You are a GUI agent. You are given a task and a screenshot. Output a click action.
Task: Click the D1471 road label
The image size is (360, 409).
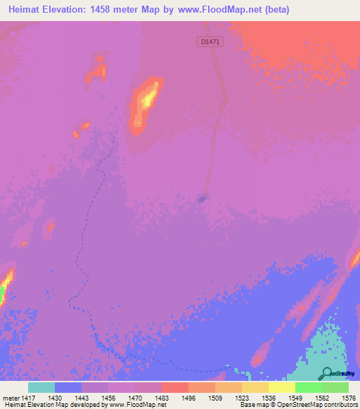[209, 42]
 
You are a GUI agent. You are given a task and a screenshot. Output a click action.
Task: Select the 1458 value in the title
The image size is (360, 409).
[106, 10]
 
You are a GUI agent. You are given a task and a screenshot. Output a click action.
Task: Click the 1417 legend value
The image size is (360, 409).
[29, 398]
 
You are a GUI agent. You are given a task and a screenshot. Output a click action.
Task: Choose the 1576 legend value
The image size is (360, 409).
[347, 398]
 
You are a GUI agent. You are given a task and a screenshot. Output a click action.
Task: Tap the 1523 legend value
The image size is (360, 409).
[240, 398]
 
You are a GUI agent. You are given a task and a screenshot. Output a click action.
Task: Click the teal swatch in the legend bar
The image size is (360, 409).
[41, 387]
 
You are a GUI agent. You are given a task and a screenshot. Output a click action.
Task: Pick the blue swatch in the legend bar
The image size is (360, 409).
[68, 387]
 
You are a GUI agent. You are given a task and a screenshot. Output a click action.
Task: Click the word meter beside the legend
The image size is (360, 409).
[10, 398]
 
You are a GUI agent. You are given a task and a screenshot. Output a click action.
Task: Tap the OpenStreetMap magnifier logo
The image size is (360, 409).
[327, 373]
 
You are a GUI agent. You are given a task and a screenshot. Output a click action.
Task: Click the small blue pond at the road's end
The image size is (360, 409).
[202, 200]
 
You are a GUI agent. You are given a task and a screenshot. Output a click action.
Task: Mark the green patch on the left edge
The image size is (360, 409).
[2, 294]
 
